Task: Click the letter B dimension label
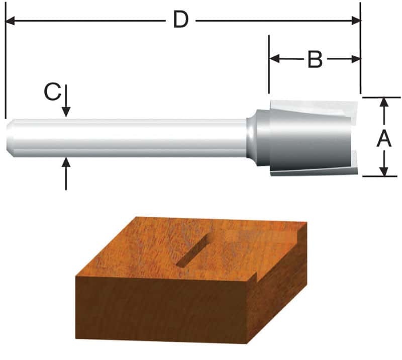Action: pos(315,59)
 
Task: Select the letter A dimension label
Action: pos(384,137)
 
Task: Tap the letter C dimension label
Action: pos(52,93)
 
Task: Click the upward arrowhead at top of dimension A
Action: pos(384,102)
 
